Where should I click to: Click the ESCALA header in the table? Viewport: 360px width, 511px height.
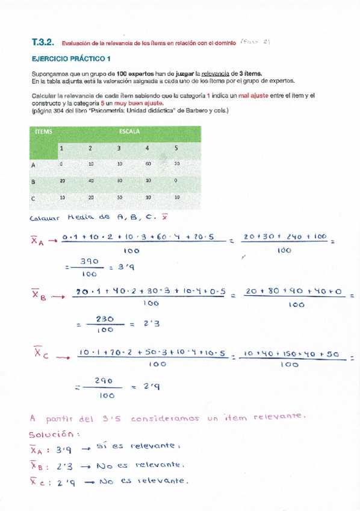[129, 131]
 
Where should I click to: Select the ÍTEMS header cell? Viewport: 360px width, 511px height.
[43, 131]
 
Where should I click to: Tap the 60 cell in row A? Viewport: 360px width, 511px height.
[147, 163]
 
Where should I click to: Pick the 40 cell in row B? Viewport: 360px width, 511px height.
[90, 181]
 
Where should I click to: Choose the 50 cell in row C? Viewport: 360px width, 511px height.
[119, 198]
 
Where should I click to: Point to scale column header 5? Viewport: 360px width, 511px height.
[176, 148]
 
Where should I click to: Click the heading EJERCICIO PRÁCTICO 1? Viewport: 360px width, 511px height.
[71, 59]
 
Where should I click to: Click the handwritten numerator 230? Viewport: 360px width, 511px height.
[105, 319]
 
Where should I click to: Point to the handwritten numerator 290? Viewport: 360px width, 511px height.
[104, 381]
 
